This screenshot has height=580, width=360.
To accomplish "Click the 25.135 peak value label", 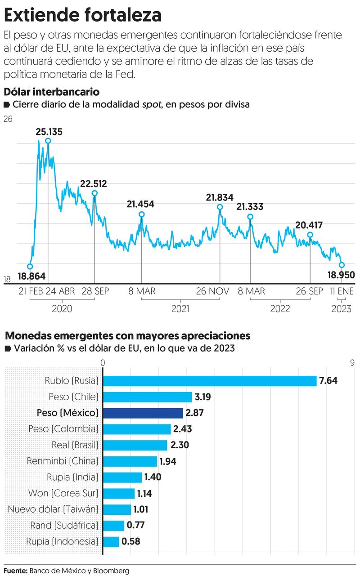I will pyautogui.click(x=49, y=132).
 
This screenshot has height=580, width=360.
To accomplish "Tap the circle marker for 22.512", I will pyautogui.click(x=94, y=193).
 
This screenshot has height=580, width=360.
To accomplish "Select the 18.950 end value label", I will pyautogui.click(x=341, y=275).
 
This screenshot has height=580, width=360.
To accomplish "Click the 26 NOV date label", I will pyautogui.click(x=212, y=291).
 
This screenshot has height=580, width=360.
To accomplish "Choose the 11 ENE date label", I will pyautogui.click(x=342, y=291).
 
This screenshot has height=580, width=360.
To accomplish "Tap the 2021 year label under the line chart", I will pyautogui.click(x=180, y=309).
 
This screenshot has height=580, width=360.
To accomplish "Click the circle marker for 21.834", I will pyautogui.click(x=220, y=207).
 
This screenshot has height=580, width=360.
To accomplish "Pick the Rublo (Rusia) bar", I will pyautogui.click(x=210, y=381).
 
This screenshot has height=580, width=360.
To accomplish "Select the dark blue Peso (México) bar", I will pyautogui.click(x=143, y=413).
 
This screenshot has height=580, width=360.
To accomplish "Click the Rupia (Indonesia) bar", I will pyautogui.click(x=111, y=541).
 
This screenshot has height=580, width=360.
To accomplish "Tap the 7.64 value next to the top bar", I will pyautogui.click(x=328, y=381).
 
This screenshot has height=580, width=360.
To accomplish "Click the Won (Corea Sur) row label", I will pyautogui.click(x=63, y=493).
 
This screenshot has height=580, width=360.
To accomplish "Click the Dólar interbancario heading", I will pyautogui.click(x=52, y=92).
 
